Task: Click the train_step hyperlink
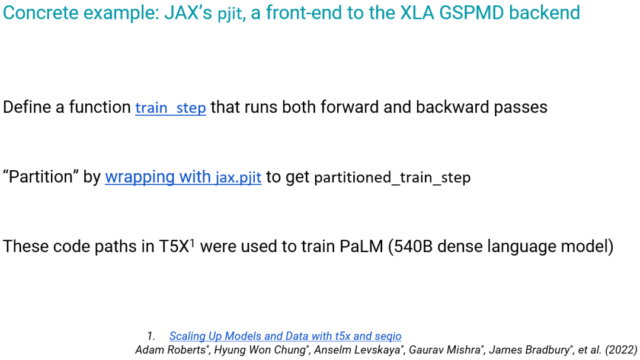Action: point(171,108)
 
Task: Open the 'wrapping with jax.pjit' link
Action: point(183,177)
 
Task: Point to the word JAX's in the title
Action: point(188,12)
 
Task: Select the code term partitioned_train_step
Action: point(392,178)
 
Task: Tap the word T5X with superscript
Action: point(177,246)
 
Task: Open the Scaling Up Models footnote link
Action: point(285,336)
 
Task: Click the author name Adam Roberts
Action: point(171,350)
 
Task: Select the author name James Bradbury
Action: point(529,350)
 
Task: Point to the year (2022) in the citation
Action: point(621,350)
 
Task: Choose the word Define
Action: point(27,107)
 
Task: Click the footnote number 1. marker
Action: point(151,336)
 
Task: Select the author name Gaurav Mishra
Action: point(444,350)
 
